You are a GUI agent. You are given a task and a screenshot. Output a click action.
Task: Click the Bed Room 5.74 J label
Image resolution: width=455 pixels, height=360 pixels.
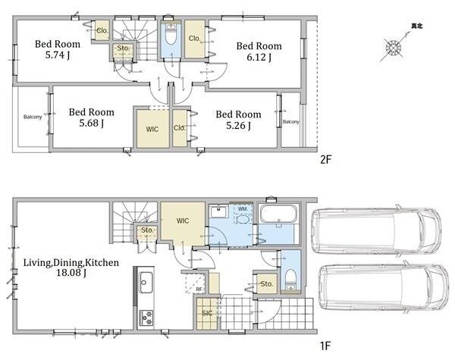(x=58, y=49)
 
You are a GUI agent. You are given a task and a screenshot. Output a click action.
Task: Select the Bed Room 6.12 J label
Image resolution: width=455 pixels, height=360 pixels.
(x=259, y=52)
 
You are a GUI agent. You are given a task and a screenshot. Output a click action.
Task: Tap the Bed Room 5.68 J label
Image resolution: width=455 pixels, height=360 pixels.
(x=92, y=117)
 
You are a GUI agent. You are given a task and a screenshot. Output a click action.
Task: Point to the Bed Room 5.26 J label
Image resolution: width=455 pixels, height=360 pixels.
(x=238, y=120)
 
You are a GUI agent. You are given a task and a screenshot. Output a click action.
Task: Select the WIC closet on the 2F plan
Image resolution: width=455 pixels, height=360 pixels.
(x=152, y=129)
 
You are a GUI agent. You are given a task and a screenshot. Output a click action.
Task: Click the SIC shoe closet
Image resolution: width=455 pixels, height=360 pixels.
(x=207, y=313)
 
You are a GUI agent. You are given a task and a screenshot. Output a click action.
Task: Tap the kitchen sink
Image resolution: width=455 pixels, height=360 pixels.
(x=146, y=283)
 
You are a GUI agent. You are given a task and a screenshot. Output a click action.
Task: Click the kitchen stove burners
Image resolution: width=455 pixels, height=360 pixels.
(x=146, y=317)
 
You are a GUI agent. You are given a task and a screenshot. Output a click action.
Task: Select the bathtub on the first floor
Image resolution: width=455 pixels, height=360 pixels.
(x=278, y=214)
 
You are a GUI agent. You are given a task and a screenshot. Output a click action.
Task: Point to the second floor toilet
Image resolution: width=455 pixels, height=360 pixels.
(x=171, y=34)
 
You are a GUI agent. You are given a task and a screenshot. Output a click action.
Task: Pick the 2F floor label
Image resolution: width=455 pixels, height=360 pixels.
(x=325, y=159)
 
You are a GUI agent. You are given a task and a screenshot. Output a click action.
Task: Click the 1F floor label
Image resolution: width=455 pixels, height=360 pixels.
(x=325, y=346)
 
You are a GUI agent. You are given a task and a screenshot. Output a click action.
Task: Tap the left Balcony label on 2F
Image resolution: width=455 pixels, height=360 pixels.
(x=33, y=117)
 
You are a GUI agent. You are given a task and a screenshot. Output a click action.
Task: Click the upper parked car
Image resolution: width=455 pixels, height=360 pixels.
(x=376, y=230)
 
